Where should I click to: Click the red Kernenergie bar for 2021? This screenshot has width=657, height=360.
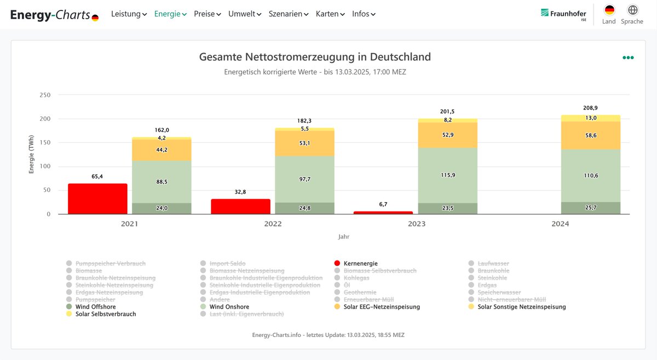tap(97, 199)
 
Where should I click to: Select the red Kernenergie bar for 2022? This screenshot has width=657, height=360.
tap(240, 207)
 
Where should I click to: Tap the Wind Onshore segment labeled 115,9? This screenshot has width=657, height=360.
tap(448, 175)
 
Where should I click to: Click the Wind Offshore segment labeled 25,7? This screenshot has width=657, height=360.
tap(591, 208)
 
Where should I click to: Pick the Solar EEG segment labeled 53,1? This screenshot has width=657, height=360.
tap(304, 143)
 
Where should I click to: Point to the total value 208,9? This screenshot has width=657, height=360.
tap(591, 108)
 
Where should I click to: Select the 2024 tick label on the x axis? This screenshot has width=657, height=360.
tap(560, 224)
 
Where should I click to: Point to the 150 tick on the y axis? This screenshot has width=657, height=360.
tap(45, 143)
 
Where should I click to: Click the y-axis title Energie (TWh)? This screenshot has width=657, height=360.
tap(32, 154)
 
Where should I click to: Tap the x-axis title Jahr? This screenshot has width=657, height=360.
tap(343, 237)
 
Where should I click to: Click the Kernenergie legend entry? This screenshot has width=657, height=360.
tap(360, 264)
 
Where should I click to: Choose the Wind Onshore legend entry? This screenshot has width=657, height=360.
tap(228, 307)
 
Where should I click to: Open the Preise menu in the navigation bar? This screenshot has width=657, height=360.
tap(207, 14)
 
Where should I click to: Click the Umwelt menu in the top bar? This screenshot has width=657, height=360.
tap(245, 14)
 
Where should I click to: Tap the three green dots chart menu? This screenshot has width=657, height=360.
tap(628, 57)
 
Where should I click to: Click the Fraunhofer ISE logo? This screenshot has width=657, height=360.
tap(563, 14)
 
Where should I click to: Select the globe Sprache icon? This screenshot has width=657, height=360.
tap(632, 10)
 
